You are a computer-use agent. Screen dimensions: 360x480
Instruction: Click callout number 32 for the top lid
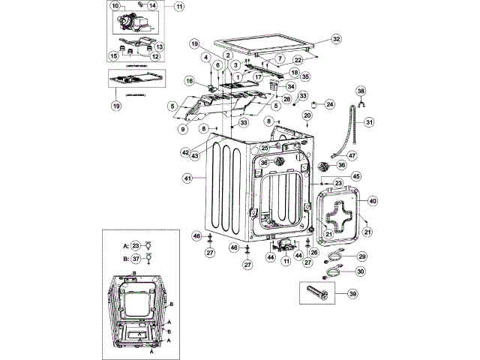pos(336,39)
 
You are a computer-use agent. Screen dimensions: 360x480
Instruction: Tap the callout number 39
pos(352,295)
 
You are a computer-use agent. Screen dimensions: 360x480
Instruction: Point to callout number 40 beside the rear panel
pos(373,201)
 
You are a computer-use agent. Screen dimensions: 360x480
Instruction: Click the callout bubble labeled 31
pos(369,121)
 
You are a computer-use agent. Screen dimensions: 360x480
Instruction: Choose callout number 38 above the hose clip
pos(361,91)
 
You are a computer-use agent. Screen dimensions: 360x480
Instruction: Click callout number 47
pos(352,155)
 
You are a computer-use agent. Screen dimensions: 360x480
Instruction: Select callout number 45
pos(356,176)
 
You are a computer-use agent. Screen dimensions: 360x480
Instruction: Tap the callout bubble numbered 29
pos(361,256)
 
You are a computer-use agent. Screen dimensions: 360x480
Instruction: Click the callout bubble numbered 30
pos(360,271)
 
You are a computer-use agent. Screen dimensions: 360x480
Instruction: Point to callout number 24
pos(330,104)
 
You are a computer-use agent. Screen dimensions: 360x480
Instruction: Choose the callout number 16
pos(190,80)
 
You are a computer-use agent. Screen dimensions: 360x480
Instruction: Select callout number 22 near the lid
pos(318,59)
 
